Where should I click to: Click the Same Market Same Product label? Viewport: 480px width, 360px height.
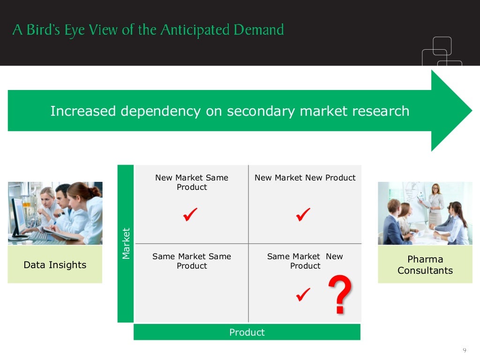point(192,261)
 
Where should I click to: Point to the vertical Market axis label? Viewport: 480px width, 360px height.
point(126,243)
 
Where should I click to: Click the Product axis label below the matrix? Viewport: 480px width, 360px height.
point(247,332)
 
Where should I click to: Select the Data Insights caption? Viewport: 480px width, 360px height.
point(55,265)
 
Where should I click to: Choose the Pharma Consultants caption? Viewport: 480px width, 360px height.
point(425,265)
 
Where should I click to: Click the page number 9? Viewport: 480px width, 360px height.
point(464,350)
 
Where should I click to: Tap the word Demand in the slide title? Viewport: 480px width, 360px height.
point(260,30)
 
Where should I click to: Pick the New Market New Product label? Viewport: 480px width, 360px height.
point(305,178)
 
